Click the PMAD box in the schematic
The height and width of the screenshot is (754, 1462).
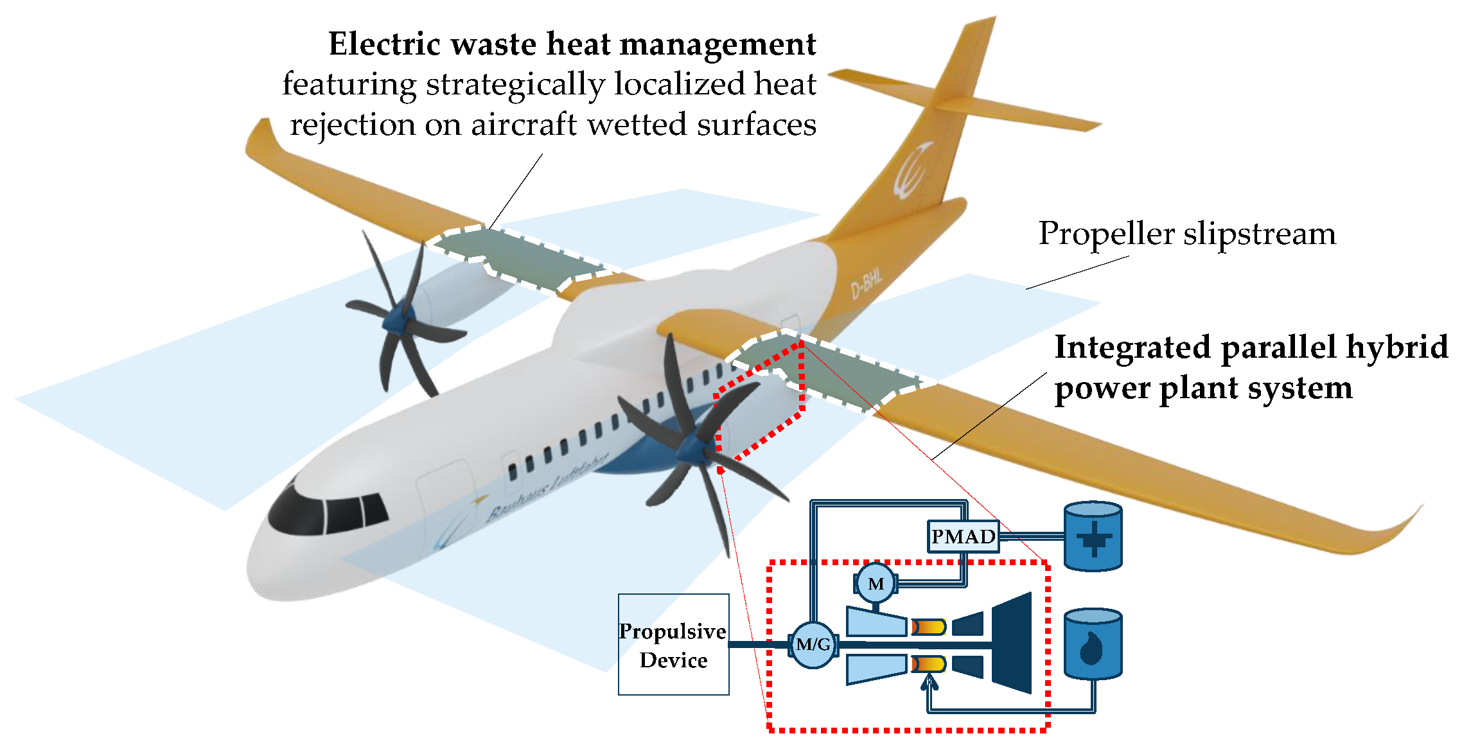(x=963, y=536)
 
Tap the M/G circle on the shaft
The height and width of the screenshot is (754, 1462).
(x=813, y=644)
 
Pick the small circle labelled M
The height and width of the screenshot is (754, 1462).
(x=876, y=583)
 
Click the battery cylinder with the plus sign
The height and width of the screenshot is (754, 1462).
(x=1093, y=537)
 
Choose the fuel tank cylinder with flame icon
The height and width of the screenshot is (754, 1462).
(x=1093, y=645)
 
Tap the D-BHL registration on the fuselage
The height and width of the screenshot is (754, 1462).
(x=867, y=283)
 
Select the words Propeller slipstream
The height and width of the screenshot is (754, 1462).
(x=1187, y=233)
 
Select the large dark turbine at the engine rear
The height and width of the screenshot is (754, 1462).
(x=1012, y=643)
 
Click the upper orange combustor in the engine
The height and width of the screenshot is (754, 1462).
(x=929, y=626)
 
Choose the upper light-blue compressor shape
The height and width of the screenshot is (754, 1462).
(x=875, y=621)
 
